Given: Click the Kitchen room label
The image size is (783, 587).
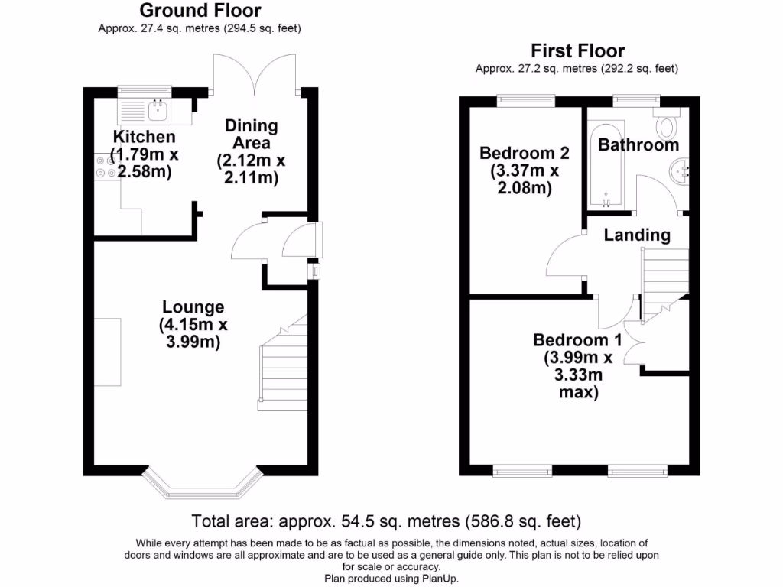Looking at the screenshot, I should pyautogui.click(x=144, y=137).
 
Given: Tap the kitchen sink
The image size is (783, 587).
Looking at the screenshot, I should pyautogui.click(x=157, y=112).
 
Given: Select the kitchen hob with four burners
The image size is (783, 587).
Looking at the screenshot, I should pyautogui.click(x=105, y=166).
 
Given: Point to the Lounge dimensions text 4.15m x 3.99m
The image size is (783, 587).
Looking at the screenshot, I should pyautogui.click(x=193, y=333).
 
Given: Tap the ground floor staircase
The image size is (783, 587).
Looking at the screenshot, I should pyautogui.click(x=284, y=367).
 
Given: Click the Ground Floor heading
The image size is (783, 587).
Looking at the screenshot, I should pyautogui.click(x=200, y=11).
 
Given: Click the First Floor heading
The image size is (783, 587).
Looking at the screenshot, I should pyautogui.click(x=577, y=51).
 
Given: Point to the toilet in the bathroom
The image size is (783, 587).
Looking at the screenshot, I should pyautogui.click(x=668, y=125).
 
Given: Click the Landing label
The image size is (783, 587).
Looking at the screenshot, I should pyautogui.click(x=637, y=235).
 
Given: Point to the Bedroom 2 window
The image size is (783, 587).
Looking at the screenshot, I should pyautogui.click(x=525, y=99).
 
